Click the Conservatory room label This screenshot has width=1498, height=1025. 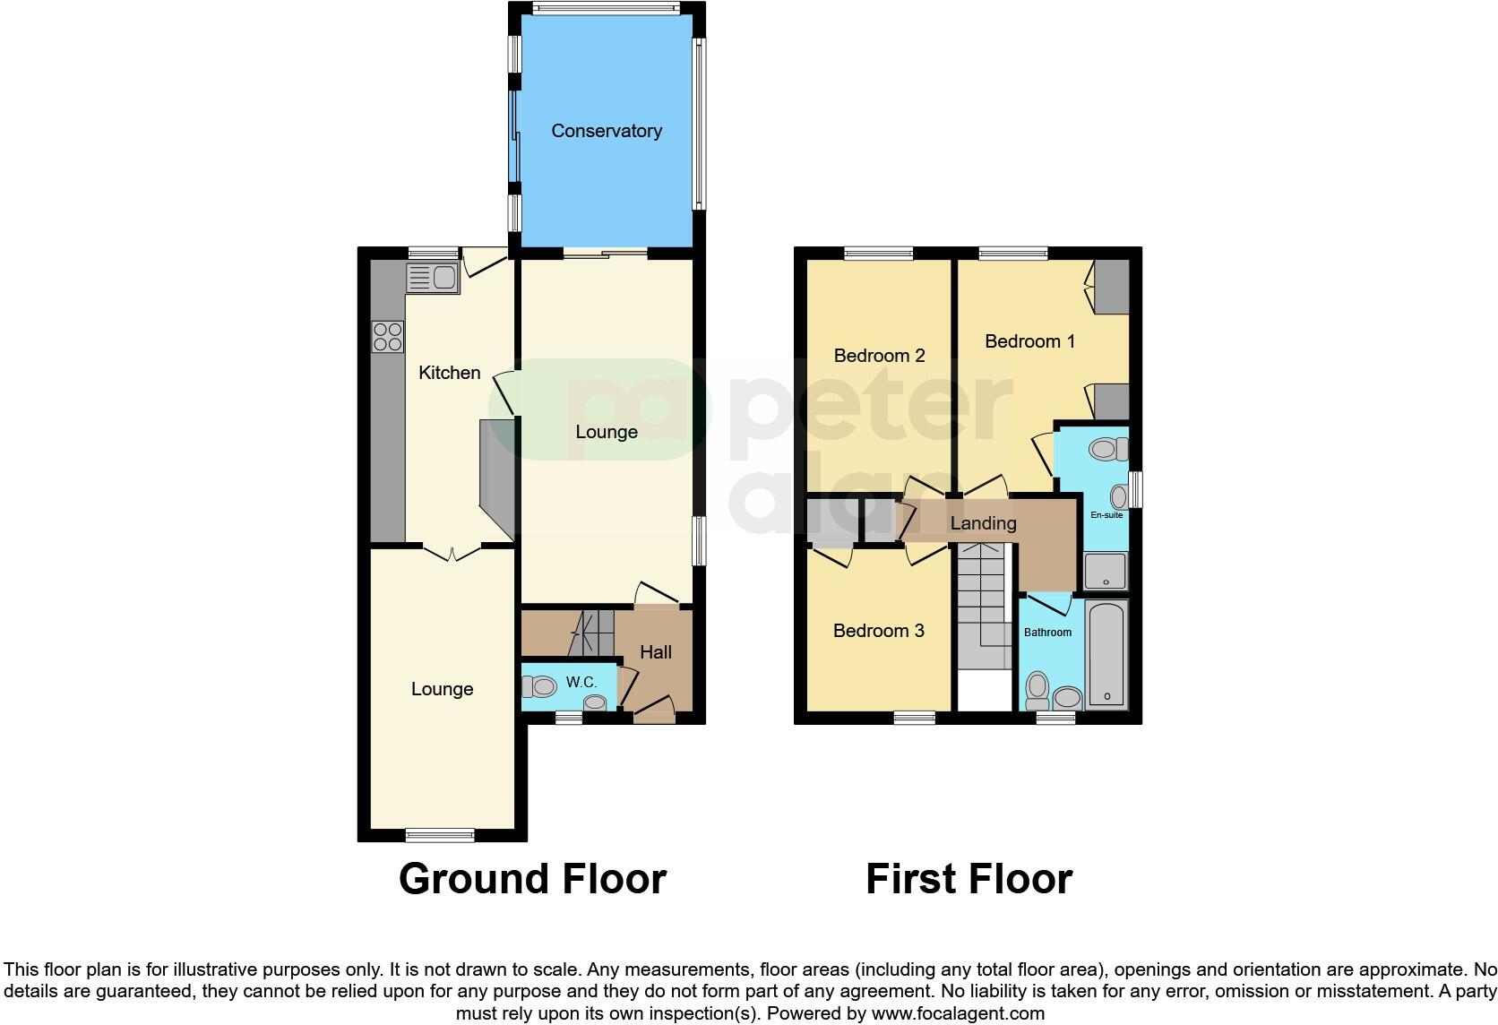(607, 131)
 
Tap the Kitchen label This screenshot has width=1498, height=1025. (450, 373)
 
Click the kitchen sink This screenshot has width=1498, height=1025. (432, 279)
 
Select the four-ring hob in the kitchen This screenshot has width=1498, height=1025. (388, 336)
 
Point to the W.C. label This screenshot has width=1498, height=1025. (581, 683)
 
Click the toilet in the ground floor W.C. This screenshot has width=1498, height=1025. (539, 687)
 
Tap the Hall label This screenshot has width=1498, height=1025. (656, 652)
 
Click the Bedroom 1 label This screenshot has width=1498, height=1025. (1029, 341)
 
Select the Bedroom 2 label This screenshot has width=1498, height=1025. (879, 356)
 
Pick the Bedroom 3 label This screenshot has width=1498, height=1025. (878, 631)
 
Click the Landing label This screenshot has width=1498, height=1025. (983, 523)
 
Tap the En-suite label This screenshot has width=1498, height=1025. (1106, 515)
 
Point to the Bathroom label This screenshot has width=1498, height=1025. (1047, 633)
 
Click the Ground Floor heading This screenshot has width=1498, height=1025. (532, 879)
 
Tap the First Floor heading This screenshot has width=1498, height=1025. (969, 879)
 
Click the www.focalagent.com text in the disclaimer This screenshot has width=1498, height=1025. (958, 1014)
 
